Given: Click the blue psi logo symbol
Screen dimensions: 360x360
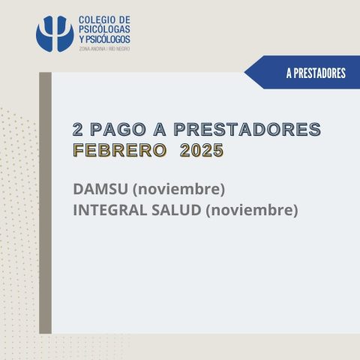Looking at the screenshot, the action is click(55, 34).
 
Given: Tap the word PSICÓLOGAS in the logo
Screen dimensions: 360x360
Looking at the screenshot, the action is click(104, 29).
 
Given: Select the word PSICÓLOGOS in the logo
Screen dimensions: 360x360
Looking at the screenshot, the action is click(107, 39).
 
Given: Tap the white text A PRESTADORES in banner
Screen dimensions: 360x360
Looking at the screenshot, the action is click(316, 73).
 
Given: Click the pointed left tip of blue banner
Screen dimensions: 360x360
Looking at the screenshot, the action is click(244, 73).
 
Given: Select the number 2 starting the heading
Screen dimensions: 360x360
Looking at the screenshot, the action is click(77, 129).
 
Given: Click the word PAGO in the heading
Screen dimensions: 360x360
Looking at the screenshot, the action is click(118, 129).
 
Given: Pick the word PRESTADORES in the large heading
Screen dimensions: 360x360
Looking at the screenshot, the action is click(247, 129).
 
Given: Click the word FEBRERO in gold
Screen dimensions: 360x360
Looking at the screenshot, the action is click(120, 150).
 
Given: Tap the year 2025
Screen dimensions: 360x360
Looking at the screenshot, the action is click(202, 150).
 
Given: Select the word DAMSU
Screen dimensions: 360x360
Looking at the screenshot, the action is click(100, 189).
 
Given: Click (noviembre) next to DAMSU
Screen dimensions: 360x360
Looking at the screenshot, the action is click(178, 189).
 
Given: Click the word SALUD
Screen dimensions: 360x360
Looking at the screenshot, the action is click(176, 210).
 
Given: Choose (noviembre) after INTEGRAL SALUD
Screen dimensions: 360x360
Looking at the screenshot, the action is click(252, 210).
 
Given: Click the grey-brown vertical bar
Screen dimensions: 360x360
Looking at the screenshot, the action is click(45, 202).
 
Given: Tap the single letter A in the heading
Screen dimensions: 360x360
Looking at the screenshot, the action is click(160, 129).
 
